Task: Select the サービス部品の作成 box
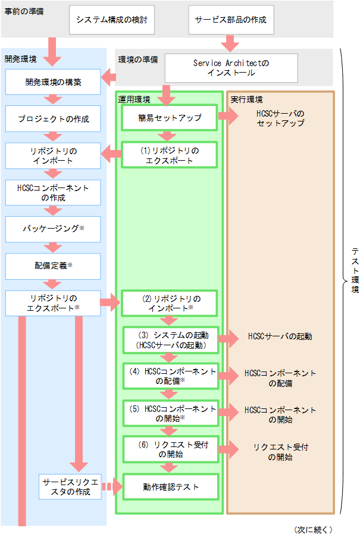coord(231,20)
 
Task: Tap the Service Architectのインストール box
coord(231,68)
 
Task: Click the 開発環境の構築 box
coord(53,82)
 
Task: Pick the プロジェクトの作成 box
coord(53,119)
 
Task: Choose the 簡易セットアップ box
coord(170,118)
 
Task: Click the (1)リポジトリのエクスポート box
coord(170,155)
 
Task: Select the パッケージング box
coord(53,229)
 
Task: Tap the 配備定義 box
coord(53,265)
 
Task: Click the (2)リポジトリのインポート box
coord(170,303)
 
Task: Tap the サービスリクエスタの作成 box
coord(71,486)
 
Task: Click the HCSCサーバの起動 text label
coord(280,336)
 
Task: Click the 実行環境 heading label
coord(246,99)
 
